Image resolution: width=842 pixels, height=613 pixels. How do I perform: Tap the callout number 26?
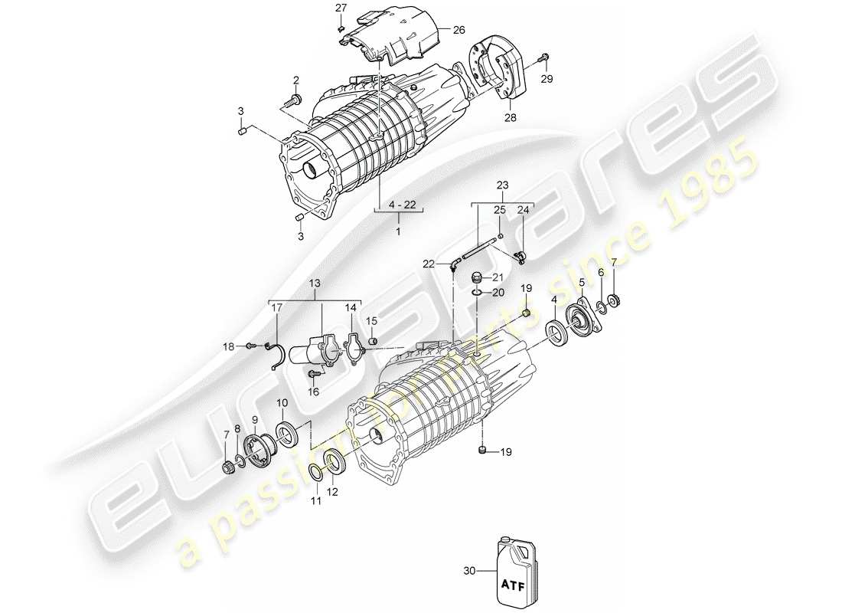click(x=458, y=30)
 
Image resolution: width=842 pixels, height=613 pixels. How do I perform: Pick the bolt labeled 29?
click(x=544, y=57)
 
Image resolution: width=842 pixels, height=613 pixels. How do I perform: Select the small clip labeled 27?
click(x=340, y=29)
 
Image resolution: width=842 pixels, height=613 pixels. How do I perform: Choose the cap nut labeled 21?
click(x=476, y=277)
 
